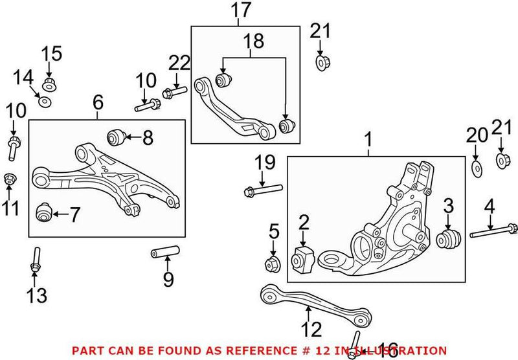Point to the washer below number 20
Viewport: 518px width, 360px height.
[476, 170]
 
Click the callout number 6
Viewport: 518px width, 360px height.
[98, 102]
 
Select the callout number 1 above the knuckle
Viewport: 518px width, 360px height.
[369, 139]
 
